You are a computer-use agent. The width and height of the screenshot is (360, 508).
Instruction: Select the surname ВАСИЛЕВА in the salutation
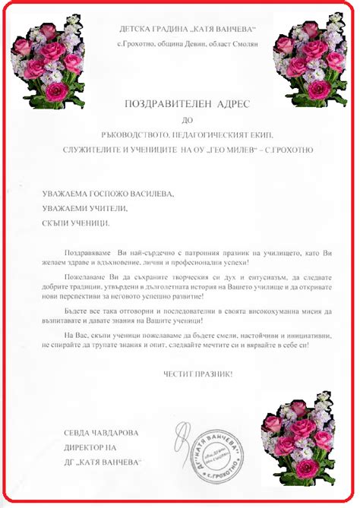[x=147, y=194]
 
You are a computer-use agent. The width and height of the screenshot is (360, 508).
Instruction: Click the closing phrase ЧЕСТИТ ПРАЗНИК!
[x=198, y=374]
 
